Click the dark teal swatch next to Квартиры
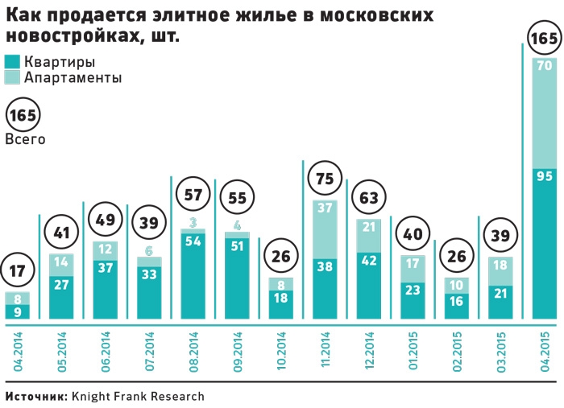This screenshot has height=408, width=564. click(12, 62)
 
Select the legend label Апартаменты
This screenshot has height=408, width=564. click(73, 78)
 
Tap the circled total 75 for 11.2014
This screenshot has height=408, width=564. click(325, 177)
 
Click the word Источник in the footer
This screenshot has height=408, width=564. click(35, 396)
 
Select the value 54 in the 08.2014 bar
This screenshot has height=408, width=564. click(193, 240)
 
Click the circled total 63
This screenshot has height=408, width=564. click(368, 196)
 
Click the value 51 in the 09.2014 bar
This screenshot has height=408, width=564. click(237, 247)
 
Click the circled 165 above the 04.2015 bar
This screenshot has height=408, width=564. click(544, 38)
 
